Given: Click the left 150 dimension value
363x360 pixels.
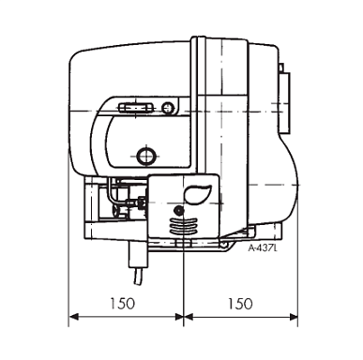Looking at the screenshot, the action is pyautogui.click(x=123, y=304).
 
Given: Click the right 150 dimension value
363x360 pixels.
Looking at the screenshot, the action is pyautogui.click(x=240, y=304).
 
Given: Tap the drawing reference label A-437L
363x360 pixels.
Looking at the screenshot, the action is pyautogui.click(x=263, y=248).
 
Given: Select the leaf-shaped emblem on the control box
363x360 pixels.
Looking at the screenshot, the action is pyautogui.click(x=198, y=194).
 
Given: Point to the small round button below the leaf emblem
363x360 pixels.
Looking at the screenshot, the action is pyautogui.click(x=179, y=211).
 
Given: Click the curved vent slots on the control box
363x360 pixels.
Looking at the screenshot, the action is pyautogui.click(x=184, y=227).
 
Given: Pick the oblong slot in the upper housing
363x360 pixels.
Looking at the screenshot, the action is pyautogui.click(x=137, y=108).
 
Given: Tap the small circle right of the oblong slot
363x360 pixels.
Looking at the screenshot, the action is pyautogui.click(x=168, y=108).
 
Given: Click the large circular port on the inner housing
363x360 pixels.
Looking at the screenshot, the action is pyautogui.click(x=146, y=155).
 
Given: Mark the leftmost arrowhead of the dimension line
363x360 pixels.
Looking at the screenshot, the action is pyautogui.click(x=73, y=317).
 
